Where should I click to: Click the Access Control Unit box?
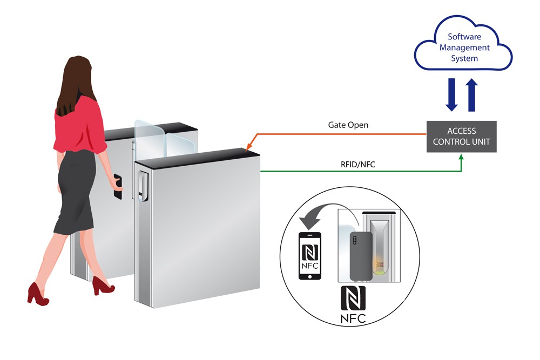461,137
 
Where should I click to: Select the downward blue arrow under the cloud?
451,94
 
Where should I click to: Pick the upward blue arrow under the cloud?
471,94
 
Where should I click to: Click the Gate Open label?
348,125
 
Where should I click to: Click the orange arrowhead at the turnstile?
248,150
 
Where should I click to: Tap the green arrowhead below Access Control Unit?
461,158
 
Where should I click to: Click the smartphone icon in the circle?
310,256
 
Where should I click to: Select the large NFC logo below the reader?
353,304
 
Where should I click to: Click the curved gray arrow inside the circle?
319,216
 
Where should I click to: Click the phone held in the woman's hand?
117,186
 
